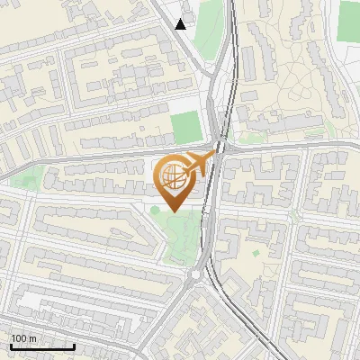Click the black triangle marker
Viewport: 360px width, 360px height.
click(181, 24)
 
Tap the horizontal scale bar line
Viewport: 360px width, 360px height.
click(42, 346)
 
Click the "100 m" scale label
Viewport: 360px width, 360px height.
click(22, 338)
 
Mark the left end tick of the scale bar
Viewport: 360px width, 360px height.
click(10, 345)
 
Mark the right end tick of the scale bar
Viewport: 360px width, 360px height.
click(75, 345)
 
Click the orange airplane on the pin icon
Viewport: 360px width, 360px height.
click(199, 165)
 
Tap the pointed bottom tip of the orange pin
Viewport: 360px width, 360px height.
click(172, 211)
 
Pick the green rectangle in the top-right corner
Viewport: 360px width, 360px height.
click(350, 20)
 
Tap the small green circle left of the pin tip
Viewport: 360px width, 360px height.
click(155, 210)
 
